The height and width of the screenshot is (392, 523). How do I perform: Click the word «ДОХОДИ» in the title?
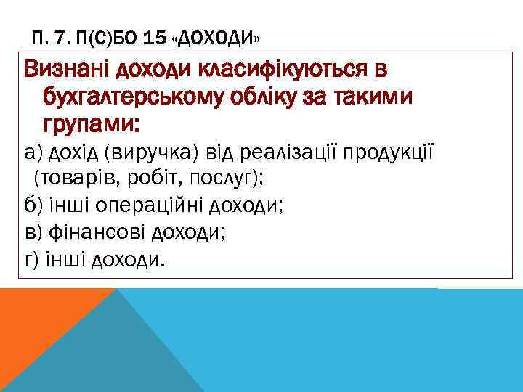tap(219, 36)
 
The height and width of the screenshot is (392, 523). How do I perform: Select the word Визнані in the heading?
tap(69, 71)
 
